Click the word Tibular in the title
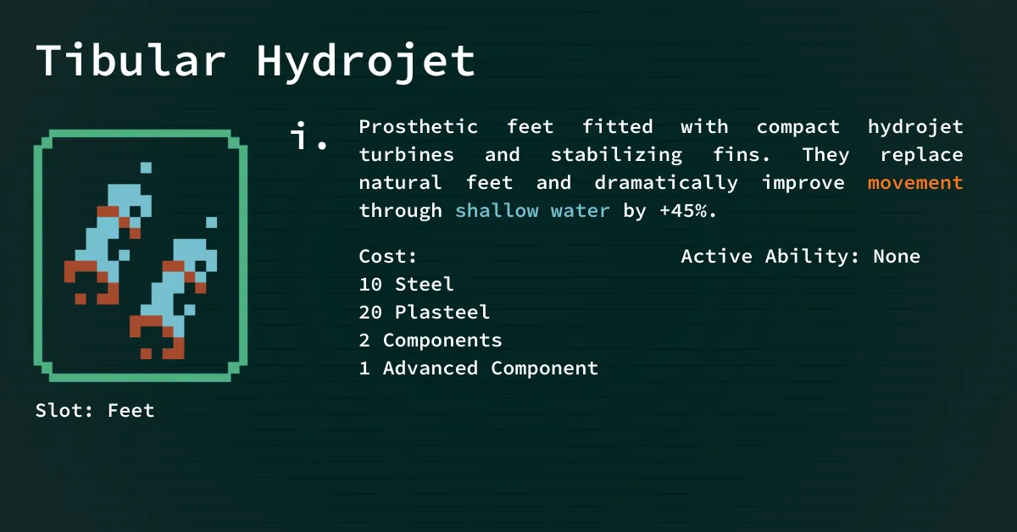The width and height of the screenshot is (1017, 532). pyautogui.click(x=131, y=60)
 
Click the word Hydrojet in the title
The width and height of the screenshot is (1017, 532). pyautogui.click(x=366, y=63)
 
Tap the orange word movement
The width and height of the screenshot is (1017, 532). pyautogui.click(x=915, y=183)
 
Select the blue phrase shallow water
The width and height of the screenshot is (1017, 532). pyautogui.click(x=532, y=210)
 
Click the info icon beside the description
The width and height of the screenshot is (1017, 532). pyautogui.click(x=308, y=136)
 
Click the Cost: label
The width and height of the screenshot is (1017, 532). pyautogui.click(x=387, y=257)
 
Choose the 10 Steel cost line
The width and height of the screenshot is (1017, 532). pyautogui.click(x=406, y=285)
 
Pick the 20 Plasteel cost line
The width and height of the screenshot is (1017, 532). pyautogui.click(x=424, y=313)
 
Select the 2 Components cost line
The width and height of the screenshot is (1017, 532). pyautogui.click(x=431, y=341)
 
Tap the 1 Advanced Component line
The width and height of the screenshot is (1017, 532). pyautogui.click(x=479, y=369)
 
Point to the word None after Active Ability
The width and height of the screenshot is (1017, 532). pyautogui.click(x=897, y=257)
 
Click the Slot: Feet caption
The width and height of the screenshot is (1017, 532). pyautogui.click(x=95, y=410)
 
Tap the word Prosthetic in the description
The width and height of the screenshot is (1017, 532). pyautogui.click(x=418, y=126)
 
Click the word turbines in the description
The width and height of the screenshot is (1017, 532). pyautogui.click(x=406, y=155)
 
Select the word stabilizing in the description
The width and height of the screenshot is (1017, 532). pyautogui.click(x=616, y=155)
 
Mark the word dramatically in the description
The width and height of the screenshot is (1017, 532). pyautogui.click(x=666, y=183)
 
